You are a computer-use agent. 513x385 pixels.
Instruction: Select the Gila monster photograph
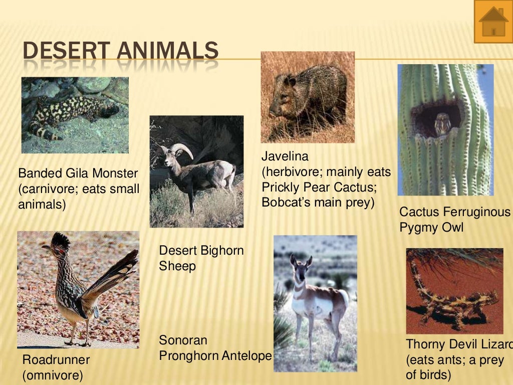(75, 115)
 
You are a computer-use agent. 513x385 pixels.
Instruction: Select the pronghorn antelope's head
(301, 268)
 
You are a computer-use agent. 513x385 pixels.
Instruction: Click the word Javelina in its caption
(285, 157)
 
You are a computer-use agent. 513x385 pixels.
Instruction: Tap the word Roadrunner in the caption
(56, 359)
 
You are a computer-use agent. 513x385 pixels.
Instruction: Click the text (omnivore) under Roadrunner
(53, 375)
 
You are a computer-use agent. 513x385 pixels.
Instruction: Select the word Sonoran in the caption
(183, 340)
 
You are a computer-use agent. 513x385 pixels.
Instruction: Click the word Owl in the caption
(452, 227)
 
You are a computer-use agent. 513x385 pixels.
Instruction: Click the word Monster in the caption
(115, 173)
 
